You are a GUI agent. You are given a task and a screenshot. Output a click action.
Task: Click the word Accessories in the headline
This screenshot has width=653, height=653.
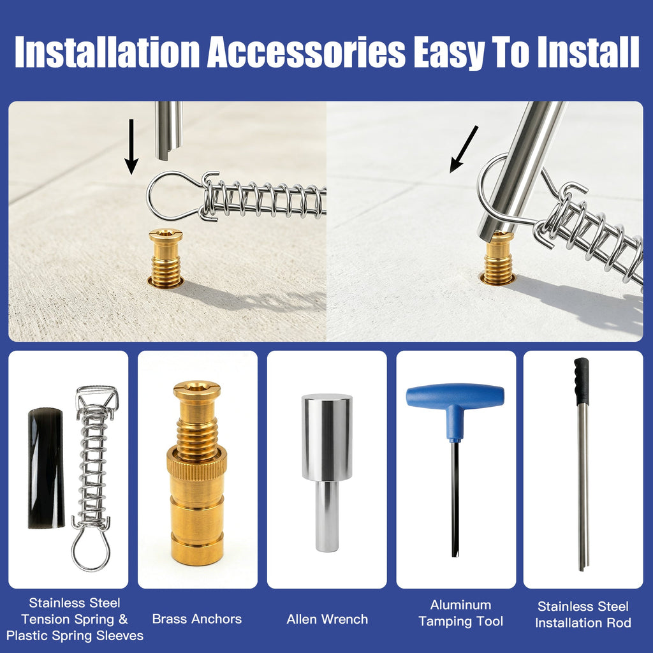pyautogui.click(x=306, y=52)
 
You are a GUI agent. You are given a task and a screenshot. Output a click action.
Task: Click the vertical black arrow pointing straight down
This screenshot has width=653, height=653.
pyautogui.click(x=131, y=147)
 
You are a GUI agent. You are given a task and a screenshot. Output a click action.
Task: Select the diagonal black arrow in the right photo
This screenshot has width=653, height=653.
pyautogui.click(x=464, y=149)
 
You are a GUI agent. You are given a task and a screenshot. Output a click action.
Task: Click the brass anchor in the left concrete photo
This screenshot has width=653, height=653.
pyautogui.click(x=166, y=258)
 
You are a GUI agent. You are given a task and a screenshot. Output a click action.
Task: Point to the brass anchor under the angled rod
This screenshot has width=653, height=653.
pyautogui.click(x=498, y=259)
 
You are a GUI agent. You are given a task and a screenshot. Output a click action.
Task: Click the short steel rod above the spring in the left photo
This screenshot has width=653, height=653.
pyautogui.click(x=168, y=130)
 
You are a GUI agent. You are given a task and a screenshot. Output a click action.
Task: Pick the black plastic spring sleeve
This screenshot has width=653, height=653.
pyautogui.click(x=46, y=469)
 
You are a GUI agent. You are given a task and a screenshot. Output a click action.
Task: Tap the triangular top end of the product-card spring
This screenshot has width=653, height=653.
pyautogui.click(x=97, y=396)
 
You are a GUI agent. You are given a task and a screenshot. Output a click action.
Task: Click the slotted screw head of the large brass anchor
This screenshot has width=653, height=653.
pyautogui.click(x=197, y=390)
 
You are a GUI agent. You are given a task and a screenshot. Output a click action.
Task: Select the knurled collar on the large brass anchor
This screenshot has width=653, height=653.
pyautogui.click(x=196, y=461)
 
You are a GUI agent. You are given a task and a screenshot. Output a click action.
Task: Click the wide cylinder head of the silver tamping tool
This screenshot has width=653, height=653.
pyautogui.click(x=327, y=437)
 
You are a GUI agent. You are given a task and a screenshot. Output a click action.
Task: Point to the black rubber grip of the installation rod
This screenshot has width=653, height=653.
pyautogui.click(x=582, y=381)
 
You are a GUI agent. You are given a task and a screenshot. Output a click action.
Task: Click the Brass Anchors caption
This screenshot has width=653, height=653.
pyautogui.click(x=197, y=619)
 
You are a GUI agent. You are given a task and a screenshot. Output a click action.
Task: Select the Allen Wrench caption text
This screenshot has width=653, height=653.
pyautogui.click(x=327, y=619)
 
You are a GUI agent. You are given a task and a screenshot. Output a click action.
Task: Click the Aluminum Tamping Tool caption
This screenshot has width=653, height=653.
pyautogui.click(x=460, y=613)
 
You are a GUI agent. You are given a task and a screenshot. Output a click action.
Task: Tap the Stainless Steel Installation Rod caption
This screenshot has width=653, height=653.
pyautogui.click(x=583, y=615)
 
